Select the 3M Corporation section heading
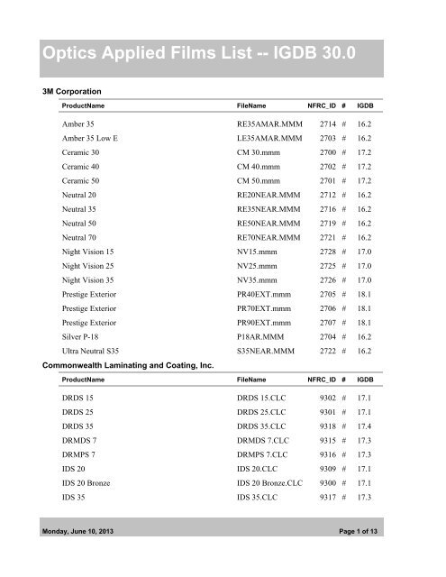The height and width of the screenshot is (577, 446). click(x=71, y=92)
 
